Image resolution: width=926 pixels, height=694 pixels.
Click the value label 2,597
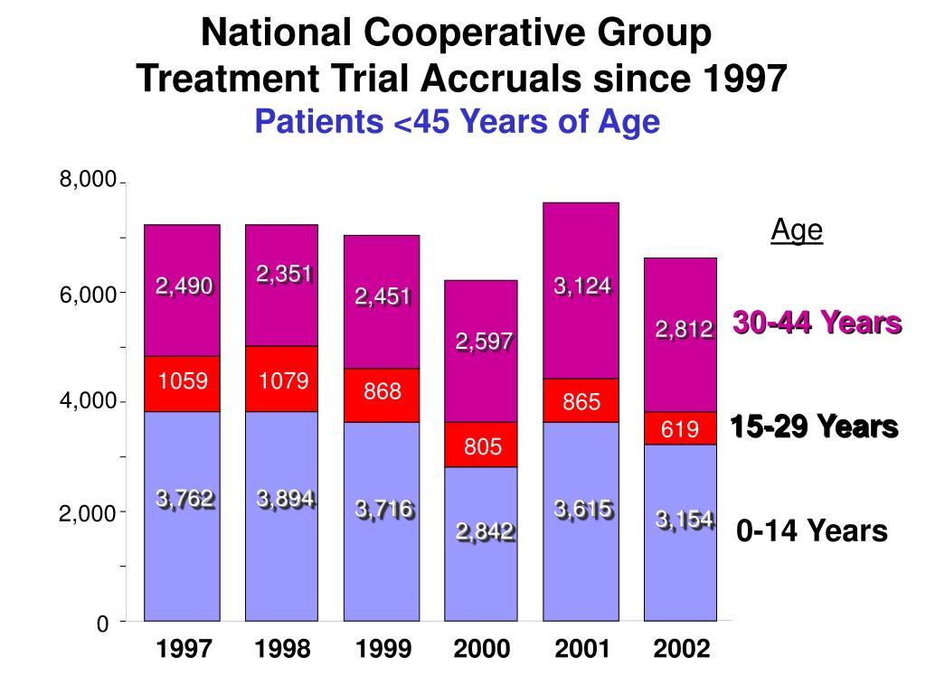[484, 342]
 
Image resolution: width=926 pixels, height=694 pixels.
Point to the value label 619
[680, 430]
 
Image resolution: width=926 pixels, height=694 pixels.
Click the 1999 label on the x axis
[383, 649]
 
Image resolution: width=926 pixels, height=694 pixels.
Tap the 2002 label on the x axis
[680, 649]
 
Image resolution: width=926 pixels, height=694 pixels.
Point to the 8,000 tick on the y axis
[88, 181]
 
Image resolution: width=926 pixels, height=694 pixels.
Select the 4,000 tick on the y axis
[88, 401]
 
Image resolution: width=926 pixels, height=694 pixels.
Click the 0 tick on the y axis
[102, 624]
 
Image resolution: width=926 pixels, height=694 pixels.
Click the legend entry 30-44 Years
[817, 323]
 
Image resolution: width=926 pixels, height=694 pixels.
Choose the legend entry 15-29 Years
[814, 427]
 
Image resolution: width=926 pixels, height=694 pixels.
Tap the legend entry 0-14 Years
[812, 530]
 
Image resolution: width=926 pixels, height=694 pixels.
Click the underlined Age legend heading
[797, 231]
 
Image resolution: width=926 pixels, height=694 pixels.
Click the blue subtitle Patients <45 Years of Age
[458, 121]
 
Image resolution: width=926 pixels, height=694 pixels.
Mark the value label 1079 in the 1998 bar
[283, 381]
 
